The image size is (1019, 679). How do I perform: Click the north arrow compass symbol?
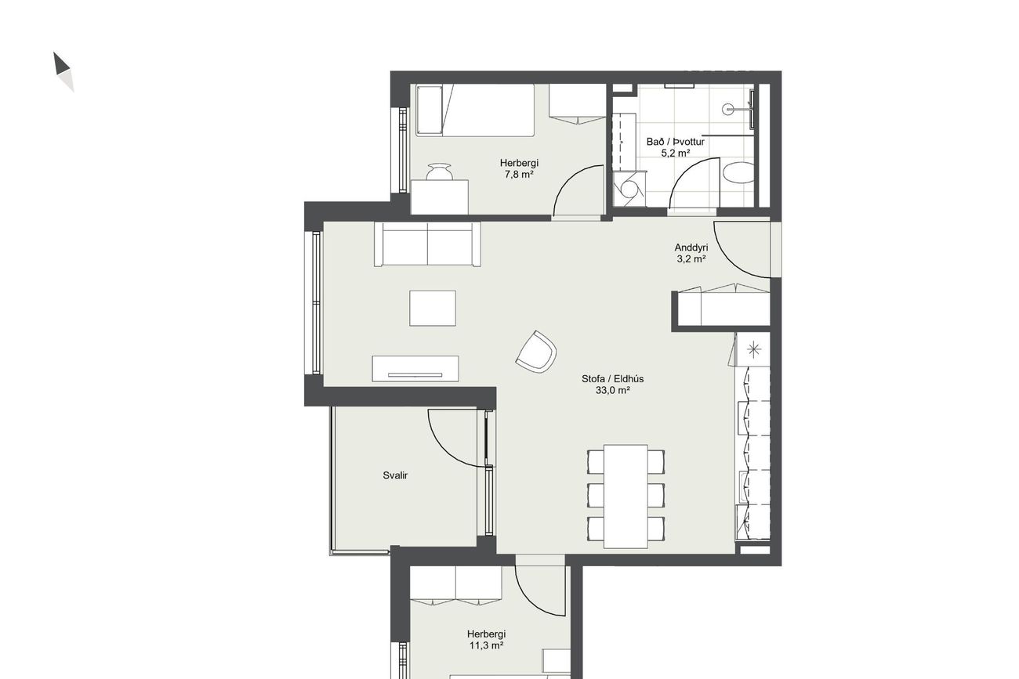click(63, 72)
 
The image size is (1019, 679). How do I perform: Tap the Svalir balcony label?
click(395, 475)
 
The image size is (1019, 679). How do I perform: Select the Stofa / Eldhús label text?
click(612, 378)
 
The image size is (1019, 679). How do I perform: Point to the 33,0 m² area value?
click(612, 390)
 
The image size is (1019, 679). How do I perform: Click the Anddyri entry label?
click(691, 247)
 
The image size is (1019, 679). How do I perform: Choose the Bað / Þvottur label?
click(676, 142)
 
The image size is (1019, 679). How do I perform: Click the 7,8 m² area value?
click(519, 174)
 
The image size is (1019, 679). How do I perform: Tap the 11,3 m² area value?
click(486, 645)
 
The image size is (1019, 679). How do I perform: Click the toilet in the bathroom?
click(738, 173)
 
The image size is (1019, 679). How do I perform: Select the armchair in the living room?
click(536, 352)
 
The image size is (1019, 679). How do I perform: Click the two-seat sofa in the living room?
click(427, 244)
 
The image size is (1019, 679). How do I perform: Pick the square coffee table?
click(432, 308)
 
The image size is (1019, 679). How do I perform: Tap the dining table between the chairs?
click(626, 497)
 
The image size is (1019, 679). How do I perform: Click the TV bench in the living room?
click(415, 369)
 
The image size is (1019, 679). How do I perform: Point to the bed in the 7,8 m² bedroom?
click(475, 110)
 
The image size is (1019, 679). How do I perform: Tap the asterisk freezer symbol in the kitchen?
click(754, 349)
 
